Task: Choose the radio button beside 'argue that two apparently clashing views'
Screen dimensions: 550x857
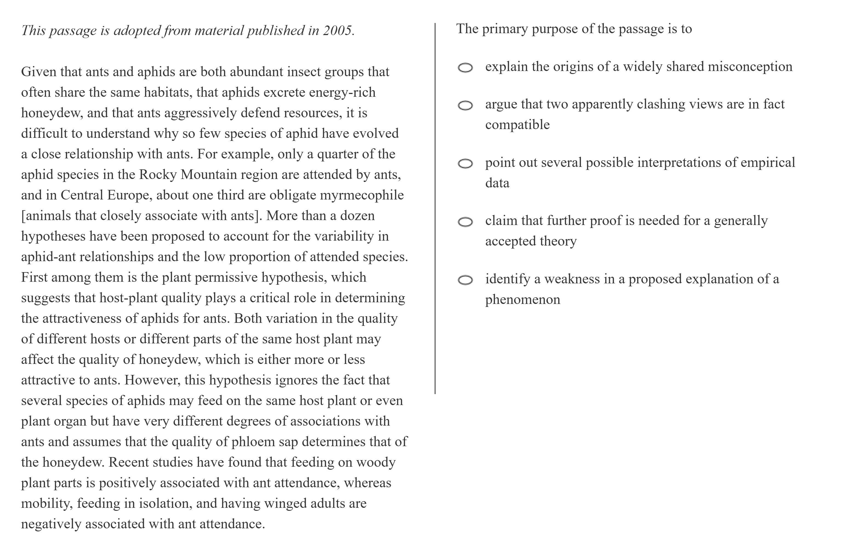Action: coord(465,105)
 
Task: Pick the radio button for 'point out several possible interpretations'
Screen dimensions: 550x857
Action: coord(465,164)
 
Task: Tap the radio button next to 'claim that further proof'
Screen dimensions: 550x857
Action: coord(465,222)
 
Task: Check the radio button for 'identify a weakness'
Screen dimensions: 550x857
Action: coord(465,280)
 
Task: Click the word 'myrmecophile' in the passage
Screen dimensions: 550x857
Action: coord(361,195)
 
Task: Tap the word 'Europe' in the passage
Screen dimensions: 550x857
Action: coord(129,195)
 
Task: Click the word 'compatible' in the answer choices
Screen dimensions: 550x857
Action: coord(517,125)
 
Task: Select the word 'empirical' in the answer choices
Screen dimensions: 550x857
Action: coord(768,163)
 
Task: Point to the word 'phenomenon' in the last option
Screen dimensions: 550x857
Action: coord(522,300)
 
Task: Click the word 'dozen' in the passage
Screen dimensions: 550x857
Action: coord(357,216)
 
